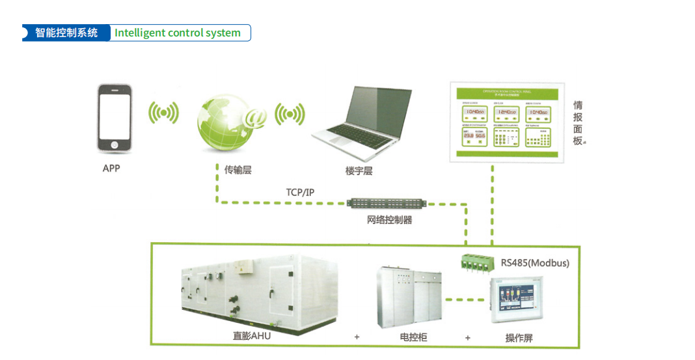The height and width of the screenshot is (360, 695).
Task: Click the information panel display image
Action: point(504,122)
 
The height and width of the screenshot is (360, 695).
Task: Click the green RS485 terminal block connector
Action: point(478,262)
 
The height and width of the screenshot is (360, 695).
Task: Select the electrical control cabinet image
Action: point(408,299)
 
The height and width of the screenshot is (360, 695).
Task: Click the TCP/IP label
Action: point(300,192)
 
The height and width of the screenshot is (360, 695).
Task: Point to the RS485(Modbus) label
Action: point(535,263)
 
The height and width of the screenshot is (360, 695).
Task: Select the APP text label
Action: point(111,169)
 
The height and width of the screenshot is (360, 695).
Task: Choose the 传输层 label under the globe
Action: point(238,170)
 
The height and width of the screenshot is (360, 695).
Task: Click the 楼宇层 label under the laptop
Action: point(359,171)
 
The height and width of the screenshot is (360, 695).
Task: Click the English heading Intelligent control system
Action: point(178,33)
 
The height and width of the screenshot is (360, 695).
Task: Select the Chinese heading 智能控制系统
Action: point(66,33)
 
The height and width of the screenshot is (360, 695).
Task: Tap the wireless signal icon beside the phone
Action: point(163,113)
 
